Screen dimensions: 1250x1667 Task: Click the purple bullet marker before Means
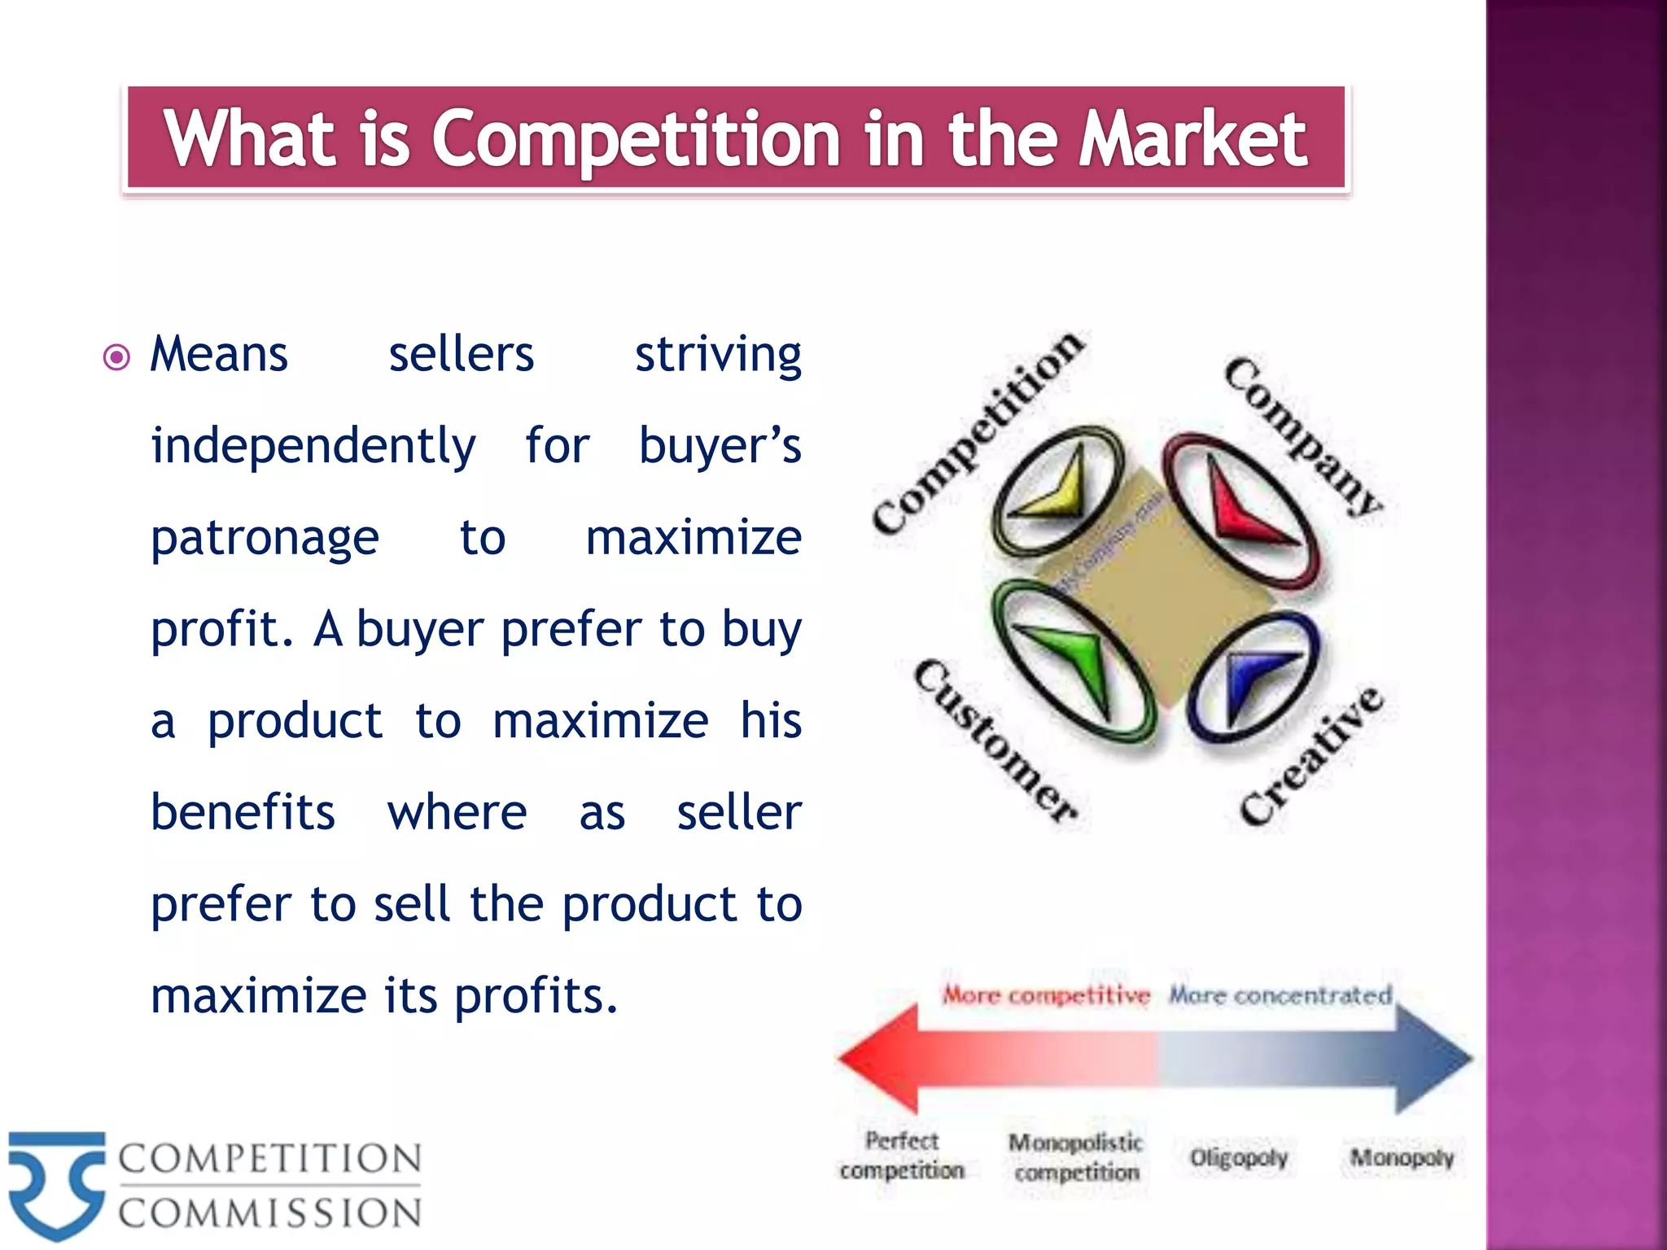tap(116, 357)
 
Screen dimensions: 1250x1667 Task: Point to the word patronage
tap(265, 538)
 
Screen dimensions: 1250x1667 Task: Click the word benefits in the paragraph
tap(243, 812)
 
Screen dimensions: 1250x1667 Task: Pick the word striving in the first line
tap(718, 355)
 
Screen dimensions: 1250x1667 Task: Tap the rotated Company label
tap(1302, 435)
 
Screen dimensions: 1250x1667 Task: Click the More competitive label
tap(1046, 994)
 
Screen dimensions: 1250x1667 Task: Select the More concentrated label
tap(1280, 994)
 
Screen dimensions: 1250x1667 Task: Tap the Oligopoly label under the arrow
tap(1238, 1157)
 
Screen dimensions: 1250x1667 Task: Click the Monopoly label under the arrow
tap(1402, 1157)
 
